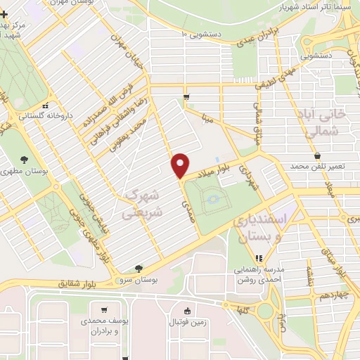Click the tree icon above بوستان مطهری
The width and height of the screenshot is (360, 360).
click(25, 160)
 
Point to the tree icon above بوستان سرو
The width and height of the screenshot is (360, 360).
click(139, 268)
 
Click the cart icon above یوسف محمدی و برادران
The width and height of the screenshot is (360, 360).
click(105, 310)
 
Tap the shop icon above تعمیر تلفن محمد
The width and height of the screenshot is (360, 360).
click(318, 155)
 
